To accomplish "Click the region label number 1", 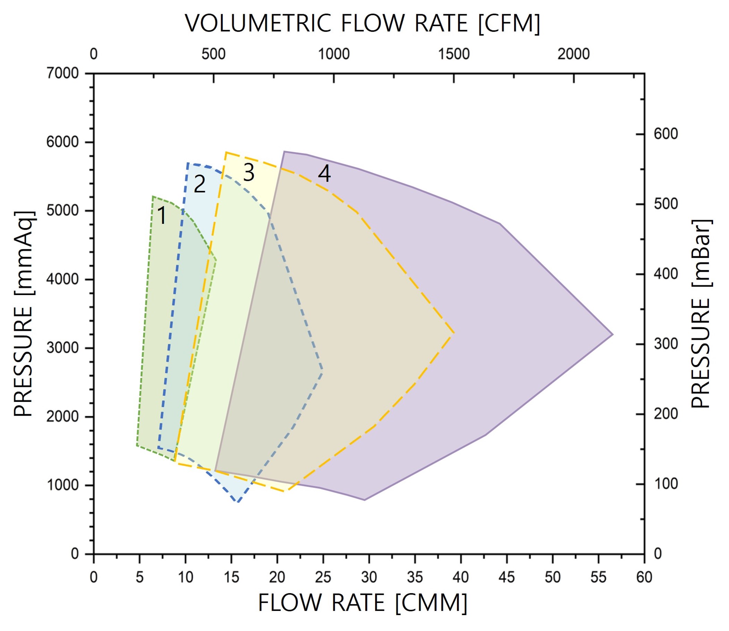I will pyautogui.click(x=162, y=215).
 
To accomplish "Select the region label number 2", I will pyautogui.click(x=200, y=184).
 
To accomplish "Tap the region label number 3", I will pyautogui.click(x=249, y=173).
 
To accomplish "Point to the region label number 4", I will pyautogui.click(x=324, y=174).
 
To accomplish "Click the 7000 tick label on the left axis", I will pyautogui.click(x=62, y=73).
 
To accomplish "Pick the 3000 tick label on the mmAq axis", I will pyautogui.click(x=62, y=348).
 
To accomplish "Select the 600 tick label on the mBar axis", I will pyautogui.click(x=666, y=134).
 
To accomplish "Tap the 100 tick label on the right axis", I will pyautogui.click(x=666, y=484).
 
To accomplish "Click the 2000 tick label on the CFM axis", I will pyautogui.click(x=574, y=54).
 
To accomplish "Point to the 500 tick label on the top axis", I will pyautogui.click(x=213, y=54).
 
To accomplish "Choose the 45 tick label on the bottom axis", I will pyautogui.click(x=507, y=578).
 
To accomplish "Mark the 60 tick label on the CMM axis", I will pyautogui.click(x=644, y=578).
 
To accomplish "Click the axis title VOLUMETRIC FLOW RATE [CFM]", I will pyautogui.click(x=363, y=24).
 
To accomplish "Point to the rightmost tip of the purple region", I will pyautogui.click(x=613, y=335).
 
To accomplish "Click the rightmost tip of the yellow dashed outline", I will pyautogui.click(x=454, y=333).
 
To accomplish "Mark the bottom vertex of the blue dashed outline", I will pyautogui.click(x=238, y=502).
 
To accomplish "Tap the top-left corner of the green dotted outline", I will pyautogui.click(x=153, y=196).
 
